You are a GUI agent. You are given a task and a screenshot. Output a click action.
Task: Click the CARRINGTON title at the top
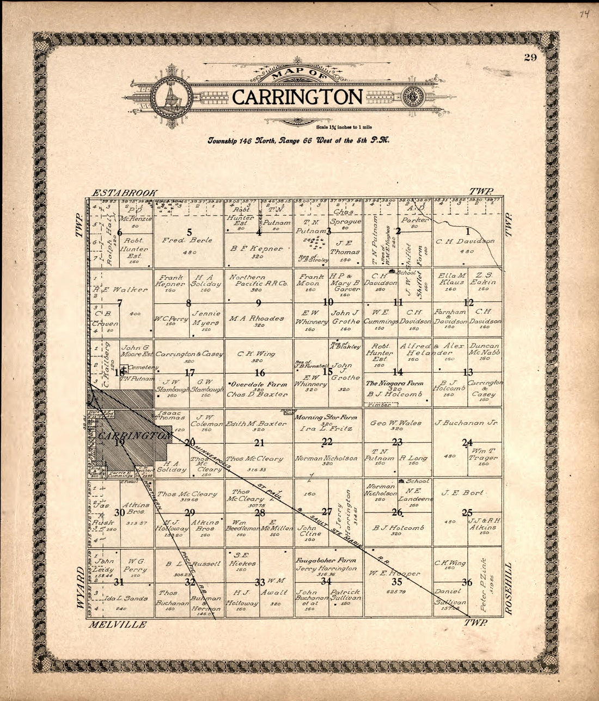pyautogui.click(x=297, y=97)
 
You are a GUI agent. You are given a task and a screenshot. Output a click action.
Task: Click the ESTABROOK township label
pyautogui.click(x=125, y=192)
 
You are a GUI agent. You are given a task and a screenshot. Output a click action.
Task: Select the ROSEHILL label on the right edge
pyautogui.click(x=510, y=589)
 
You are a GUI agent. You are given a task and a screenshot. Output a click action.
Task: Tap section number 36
pyautogui.click(x=467, y=582)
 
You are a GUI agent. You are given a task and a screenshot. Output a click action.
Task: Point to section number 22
pyautogui.click(x=327, y=442)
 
